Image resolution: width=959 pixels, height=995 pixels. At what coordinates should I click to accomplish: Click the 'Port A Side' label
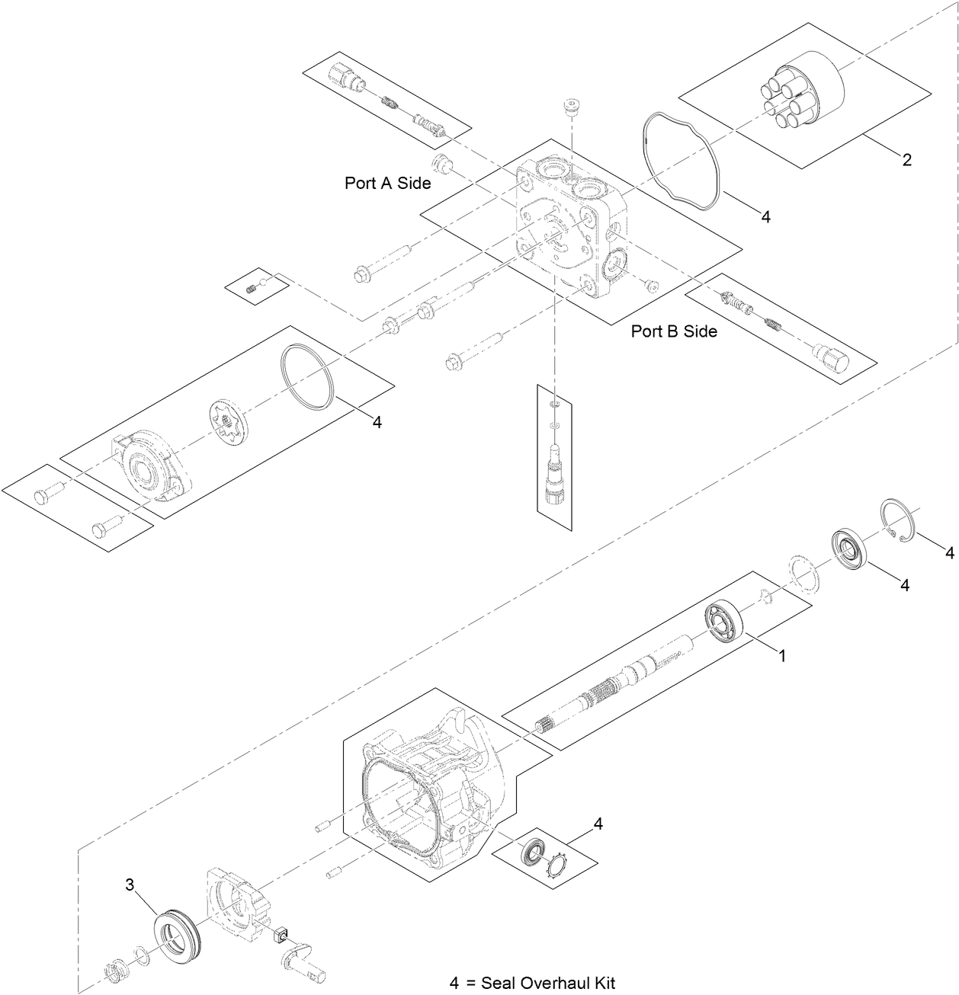387,184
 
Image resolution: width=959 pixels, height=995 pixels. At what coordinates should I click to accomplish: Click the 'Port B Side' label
674,331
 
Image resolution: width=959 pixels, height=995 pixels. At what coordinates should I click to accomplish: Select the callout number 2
906,160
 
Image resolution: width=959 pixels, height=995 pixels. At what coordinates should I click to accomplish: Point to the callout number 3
130,885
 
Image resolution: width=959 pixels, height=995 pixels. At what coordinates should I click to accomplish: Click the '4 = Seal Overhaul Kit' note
531,983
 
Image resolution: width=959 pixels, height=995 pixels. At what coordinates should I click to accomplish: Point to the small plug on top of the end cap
571,106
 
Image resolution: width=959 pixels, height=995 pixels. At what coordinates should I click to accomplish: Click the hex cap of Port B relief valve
829,357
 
